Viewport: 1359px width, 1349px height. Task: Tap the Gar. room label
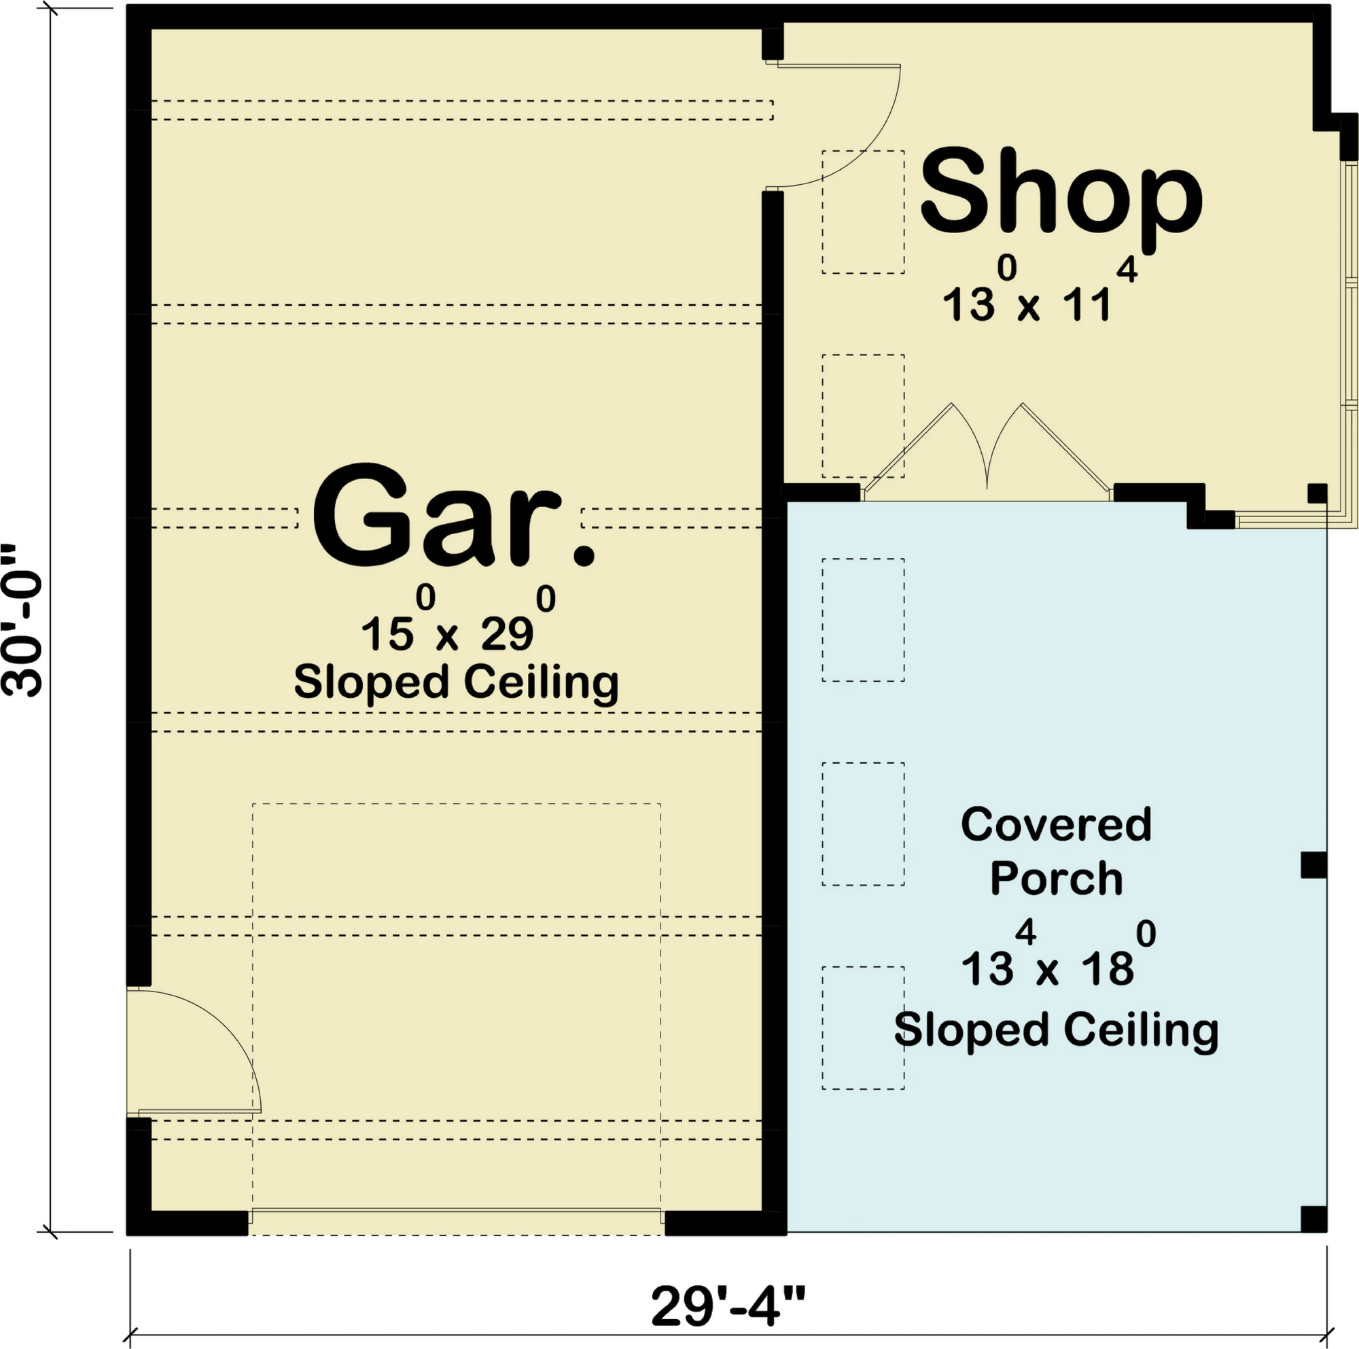tap(454, 516)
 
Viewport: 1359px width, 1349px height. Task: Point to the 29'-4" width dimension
tap(728, 1306)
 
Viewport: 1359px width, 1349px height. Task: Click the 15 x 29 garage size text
tap(458, 620)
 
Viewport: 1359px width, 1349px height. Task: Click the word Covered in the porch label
tap(1056, 824)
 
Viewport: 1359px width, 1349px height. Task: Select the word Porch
tap(1056, 879)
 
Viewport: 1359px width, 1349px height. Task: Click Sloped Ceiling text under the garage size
tap(456, 682)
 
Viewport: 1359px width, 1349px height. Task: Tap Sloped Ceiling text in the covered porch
tap(1056, 1030)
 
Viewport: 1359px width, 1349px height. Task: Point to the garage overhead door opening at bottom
tap(456, 1228)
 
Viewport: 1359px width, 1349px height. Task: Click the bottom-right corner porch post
tap(1313, 1219)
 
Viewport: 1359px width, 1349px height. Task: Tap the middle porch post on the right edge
tap(1313, 865)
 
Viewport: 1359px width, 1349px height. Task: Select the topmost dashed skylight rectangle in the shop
tap(863, 212)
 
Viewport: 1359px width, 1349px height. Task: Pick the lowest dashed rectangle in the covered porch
tap(863, 1028)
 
